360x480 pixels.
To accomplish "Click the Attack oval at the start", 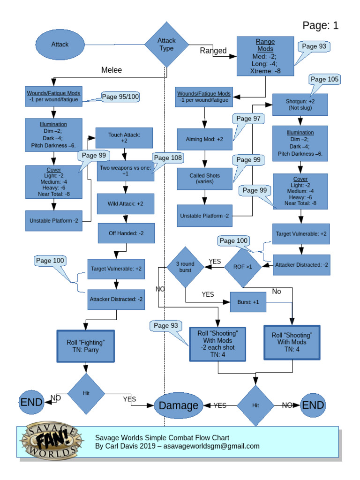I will point(60,45).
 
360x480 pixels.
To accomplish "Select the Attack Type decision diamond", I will point(166,45).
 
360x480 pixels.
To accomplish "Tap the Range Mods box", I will point(265,56).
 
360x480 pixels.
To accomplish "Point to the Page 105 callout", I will point(324,79).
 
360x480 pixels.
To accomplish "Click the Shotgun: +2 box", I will point(300,105).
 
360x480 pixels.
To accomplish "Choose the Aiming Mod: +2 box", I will point(204,139).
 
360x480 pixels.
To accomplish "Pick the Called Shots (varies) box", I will point(204,179).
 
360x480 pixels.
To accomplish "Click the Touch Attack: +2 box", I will point(124,138).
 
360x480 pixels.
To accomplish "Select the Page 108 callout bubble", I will point(167,158).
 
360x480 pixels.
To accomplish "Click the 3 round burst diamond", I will point(186,267).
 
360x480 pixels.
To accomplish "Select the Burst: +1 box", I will point(248,302).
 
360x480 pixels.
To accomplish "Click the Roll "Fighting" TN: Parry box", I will point(85,346).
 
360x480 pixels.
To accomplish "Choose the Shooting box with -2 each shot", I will point(217,344).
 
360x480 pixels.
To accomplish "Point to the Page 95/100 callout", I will point(120,97).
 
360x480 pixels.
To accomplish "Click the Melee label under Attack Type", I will point(112,70).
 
